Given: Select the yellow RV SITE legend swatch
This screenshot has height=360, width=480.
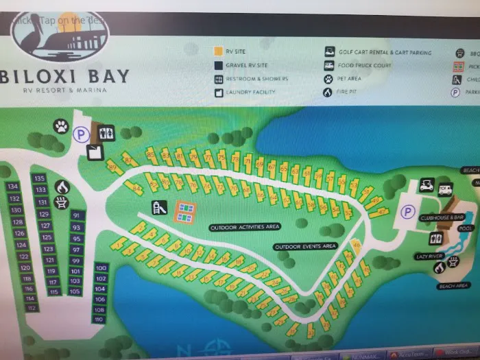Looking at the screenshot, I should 217,51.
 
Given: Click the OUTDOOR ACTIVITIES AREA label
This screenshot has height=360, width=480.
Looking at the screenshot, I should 245,227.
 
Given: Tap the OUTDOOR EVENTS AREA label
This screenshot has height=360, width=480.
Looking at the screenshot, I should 305,246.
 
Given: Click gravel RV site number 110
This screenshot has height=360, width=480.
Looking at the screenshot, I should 99,319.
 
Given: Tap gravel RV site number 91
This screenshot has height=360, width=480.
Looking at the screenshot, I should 76,215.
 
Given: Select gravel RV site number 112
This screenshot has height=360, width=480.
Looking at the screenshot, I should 31,308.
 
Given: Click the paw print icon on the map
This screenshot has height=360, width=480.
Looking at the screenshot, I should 61,126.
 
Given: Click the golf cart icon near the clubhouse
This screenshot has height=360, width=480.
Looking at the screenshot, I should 426,184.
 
